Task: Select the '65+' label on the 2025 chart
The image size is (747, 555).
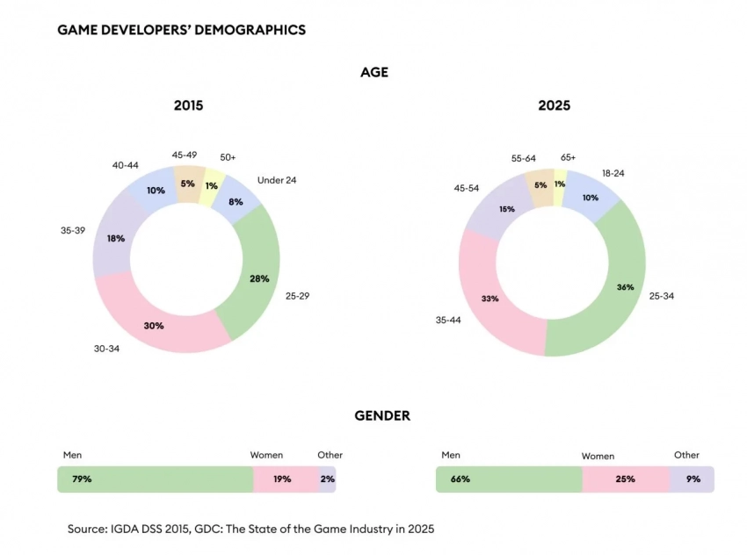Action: coord(567,157)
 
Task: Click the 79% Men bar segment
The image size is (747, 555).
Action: coord(155,479)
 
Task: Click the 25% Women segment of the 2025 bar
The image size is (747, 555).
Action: coord(625,479)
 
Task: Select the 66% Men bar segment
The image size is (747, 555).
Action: coord(508,479)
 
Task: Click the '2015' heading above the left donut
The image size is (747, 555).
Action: coord(188,105)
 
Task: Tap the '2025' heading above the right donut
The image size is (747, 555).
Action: coord(554,105)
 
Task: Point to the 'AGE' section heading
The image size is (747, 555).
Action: coord(373,73)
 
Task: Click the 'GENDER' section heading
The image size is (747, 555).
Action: coord(382,415)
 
